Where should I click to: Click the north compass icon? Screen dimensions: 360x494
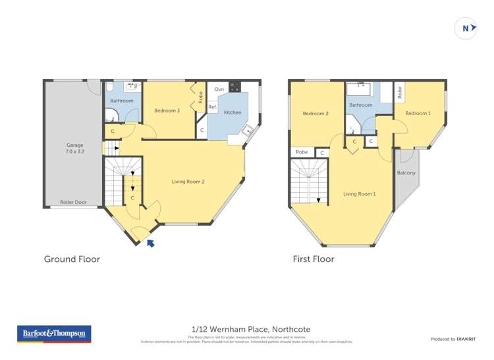pyautogui.click(x=466, y=28)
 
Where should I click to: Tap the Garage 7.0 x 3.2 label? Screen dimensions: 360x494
pyautogui.click(x=74, y=149)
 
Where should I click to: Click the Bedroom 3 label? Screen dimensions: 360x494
pyautogui.click(x=167, y=111)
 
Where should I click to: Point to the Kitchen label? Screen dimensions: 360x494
pyautogui.click(x=233, y=113)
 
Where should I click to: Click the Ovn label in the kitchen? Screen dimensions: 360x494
pyautogui.click(x=219, y=89)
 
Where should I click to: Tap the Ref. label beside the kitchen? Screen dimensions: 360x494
pyautogui.click(x=213, y=107)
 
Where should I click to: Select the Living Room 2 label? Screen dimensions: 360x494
pyautogui.click(x=188, y=181)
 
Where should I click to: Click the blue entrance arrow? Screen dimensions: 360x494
pyautogui.click(x=151, y=244)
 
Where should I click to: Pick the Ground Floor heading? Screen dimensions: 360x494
pyautogui.click(x=72, y=259)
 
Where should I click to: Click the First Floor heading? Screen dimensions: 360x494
pyautogui.click(x=314, y=259)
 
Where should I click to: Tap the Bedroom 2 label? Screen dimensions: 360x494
pyautogui.click(x=316, y=114)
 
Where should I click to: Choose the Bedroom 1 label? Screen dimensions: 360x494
pyautogui.click(x=418, y=113)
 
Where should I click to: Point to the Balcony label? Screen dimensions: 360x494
pyautogui.click(x=406, y=173)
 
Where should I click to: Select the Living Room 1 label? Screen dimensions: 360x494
pyautogui.click(x=359, y=194)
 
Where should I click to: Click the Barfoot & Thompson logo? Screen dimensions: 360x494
pyautogui.click(x=54, y=334)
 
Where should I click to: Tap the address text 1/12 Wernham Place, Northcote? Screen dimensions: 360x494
pyautogui.click(x=250, y=329)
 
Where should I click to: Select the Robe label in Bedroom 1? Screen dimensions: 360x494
pyautogui.click(x=399, y=93)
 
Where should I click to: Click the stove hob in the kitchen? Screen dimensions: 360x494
pyautogui.click(x=234, y=87)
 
